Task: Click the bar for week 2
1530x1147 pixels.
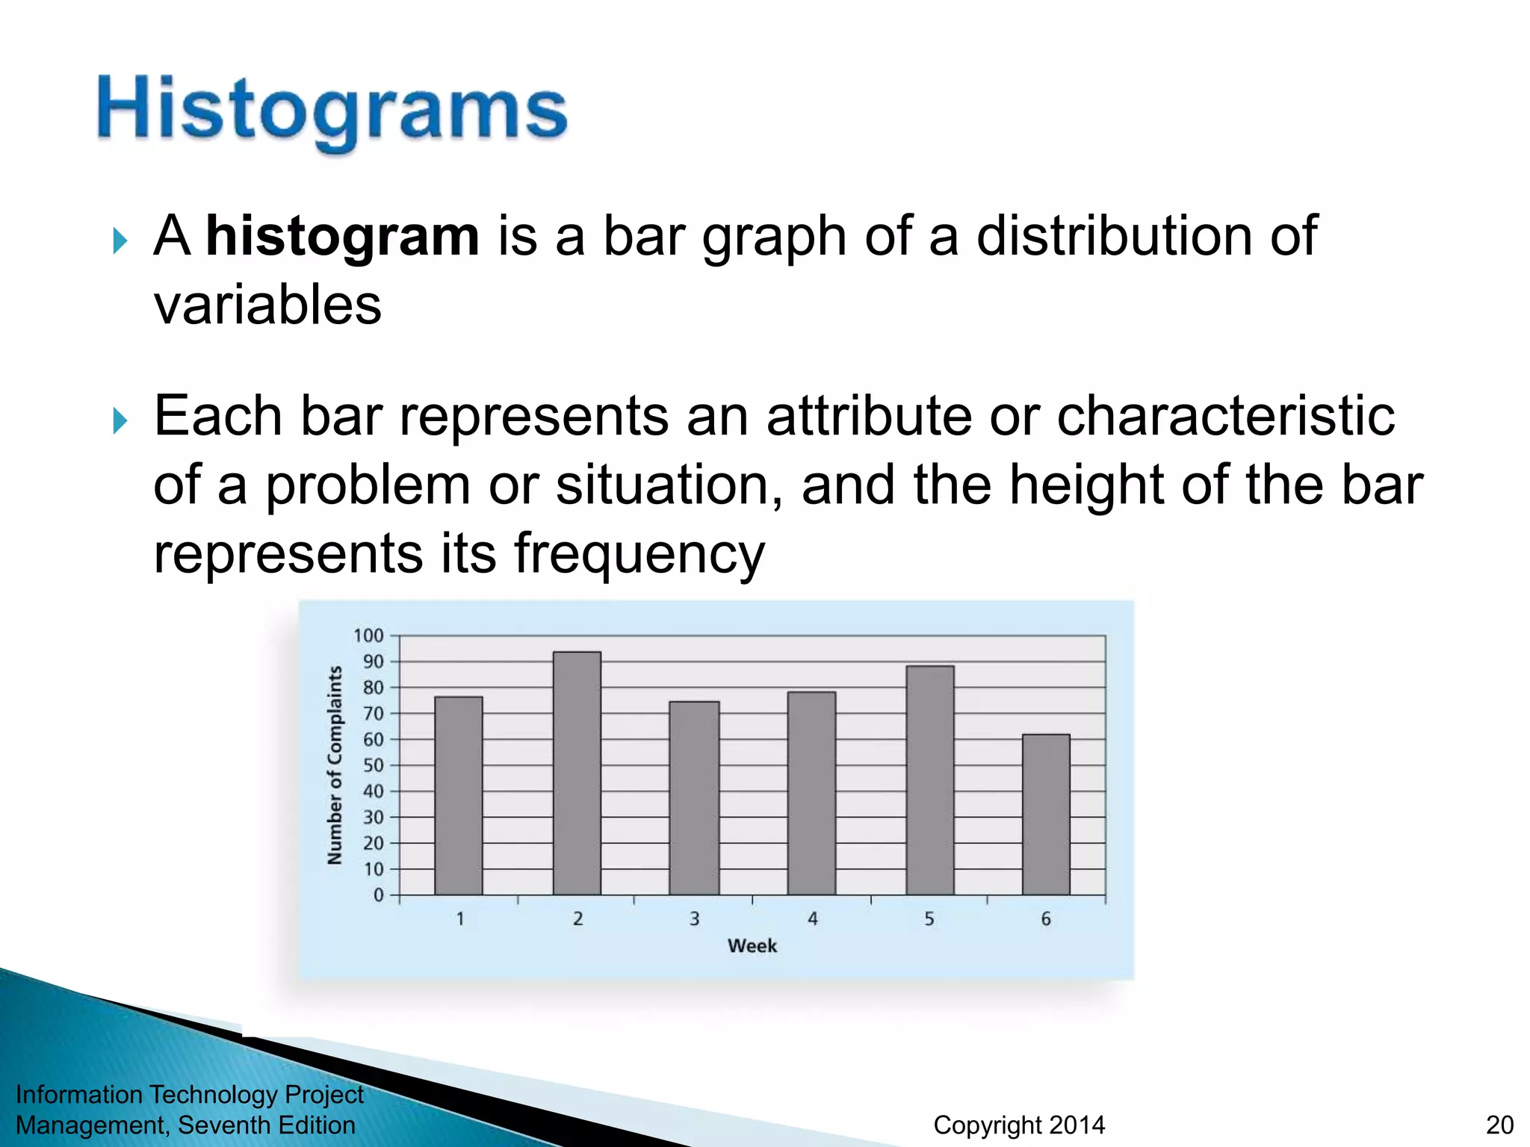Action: [x=577, y=773]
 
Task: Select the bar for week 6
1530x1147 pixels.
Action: [x=1046, y=814]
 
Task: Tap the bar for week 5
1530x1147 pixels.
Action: [x=929, y=780]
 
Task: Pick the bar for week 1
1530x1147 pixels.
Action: [x=458, y=795]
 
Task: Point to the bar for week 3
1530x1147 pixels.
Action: [x=694, y=798]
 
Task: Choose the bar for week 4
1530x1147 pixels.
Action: [x=811, y=793]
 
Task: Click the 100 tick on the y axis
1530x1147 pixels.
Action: [x=368, y=635]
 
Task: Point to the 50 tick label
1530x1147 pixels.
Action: [x=373, y=765]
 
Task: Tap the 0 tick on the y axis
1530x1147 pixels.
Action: [x=378, y=895]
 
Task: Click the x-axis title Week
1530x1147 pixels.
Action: [x=752, y=946]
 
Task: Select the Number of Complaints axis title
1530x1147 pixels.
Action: [x=335, y=765]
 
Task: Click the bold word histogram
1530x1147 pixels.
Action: [x=342, y=236]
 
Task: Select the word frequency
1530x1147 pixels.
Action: [x=639, y=554]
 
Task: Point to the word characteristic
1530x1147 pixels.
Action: [x=1225, y=415]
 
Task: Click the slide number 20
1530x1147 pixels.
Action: [x=1499, y=1125]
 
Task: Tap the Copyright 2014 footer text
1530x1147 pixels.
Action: [x=1019, y=1125]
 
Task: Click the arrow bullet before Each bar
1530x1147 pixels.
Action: [x=120, y=421]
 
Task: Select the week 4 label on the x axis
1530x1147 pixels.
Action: [x=812, y=919]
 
